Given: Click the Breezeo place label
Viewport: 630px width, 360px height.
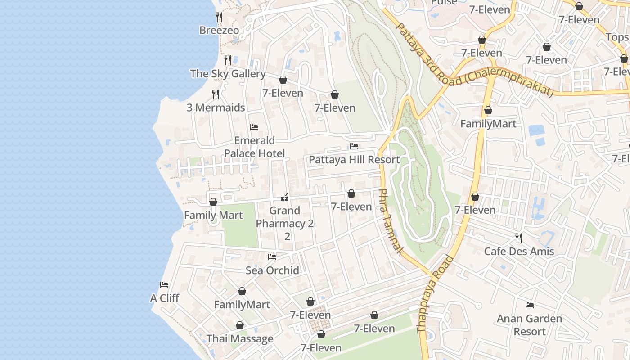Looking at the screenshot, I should pyautogui.click(x=219, y=30).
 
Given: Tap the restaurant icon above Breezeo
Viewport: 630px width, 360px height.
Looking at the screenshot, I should pyautogui.click(x=219, y=17).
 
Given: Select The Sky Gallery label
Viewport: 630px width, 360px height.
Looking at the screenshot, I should pyautogui.click(x=228, y=73).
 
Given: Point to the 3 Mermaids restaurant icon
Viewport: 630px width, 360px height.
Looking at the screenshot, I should pyautogui.click(x=216, y=94).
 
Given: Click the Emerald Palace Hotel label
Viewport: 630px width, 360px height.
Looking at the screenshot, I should pyautogui.click(x=254, y=147).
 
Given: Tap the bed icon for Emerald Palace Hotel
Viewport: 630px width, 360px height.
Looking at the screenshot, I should pyautogui.click(x=254, y=127).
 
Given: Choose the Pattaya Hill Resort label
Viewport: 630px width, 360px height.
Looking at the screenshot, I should pyautogui.click(x=354, y=160).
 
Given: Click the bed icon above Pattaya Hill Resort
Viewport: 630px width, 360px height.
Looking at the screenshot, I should pyautogui.click(x=354, y=146).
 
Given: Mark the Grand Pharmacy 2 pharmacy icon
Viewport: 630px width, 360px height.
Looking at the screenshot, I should pyautogui.click(x=284, y=197).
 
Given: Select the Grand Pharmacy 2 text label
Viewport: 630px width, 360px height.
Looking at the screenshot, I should pyautogui.click(x=285, y=223).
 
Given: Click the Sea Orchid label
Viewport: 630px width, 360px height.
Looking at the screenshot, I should pyautogui.click(x=272, y=270).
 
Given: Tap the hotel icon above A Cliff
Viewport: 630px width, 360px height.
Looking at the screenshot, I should pyautogui.click(x=164, y=285).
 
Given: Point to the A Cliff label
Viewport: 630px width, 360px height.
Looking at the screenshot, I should pyautogui.click(x=164, y=298).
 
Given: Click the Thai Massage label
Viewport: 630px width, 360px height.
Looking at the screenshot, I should pyautogui.click(x=240, y=338).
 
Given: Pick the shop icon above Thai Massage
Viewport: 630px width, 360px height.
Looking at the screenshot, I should pyautogui.click(x=240, y=325).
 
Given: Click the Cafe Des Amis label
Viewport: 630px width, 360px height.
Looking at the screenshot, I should pyautogui.click(x=519, y=251).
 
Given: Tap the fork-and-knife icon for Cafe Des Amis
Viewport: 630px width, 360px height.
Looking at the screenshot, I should pyautogui.click(x=519, y=237).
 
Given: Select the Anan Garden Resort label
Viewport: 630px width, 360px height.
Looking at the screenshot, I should pyautogui.click(x=529, y=325).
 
